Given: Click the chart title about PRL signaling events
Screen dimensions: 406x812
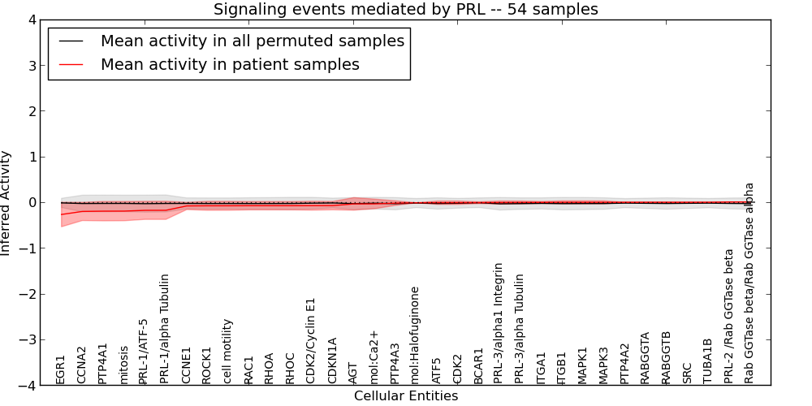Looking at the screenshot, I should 405,10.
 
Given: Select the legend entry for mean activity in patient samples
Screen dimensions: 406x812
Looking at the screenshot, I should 230,64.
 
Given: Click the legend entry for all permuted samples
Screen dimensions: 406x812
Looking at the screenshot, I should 252,41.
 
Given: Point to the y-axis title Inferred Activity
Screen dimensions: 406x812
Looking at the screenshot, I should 6,203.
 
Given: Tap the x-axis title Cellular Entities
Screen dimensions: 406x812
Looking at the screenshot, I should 405,396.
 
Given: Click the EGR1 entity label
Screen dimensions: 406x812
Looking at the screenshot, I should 61,369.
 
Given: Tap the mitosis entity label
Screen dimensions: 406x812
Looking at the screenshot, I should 123,365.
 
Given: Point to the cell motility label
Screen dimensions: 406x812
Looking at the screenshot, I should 228,351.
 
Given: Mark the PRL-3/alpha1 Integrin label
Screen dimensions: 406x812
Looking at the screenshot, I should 499,322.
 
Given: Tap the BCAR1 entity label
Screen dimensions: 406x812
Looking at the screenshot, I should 478,365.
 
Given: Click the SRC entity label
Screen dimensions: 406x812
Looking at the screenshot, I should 687,372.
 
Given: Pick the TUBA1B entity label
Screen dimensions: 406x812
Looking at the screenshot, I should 707,361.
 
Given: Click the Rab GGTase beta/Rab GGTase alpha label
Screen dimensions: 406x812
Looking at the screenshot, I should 749,283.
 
